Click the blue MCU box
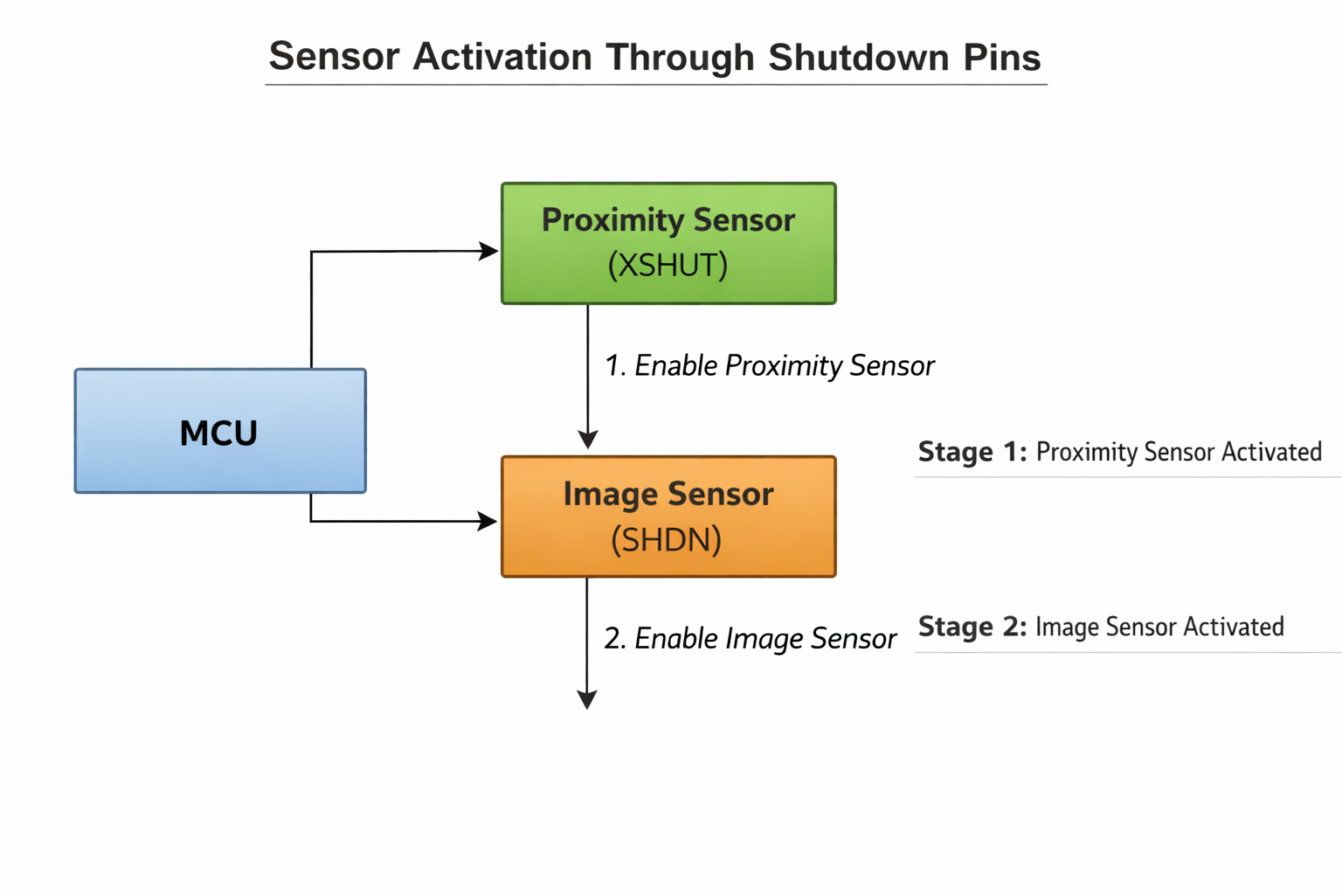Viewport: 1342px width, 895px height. click(x=220, y=431)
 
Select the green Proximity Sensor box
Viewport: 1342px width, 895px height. click(x=668, y=243)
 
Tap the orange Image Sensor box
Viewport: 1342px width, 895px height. click(x=668, y=517)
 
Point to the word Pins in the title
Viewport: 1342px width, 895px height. click(x=1002, y=58)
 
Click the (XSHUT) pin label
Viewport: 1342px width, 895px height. click(x=668, y=265)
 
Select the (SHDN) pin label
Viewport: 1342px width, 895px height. click(x=667, y=539)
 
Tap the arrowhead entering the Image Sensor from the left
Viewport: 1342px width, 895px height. click(x=488, y=522)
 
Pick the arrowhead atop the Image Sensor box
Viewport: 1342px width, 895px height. click(x=588, y=439)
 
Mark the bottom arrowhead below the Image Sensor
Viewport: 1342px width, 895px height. click(x=587, y=699)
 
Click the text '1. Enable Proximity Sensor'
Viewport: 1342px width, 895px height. click(x=769, y=365)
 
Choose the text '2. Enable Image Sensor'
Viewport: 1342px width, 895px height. click(x=750, y=638)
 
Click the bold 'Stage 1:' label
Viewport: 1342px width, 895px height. click(x=972, y=452)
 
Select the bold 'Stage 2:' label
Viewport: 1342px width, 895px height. click(x=972, y=627)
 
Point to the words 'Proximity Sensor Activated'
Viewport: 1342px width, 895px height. click(x=1179, y=452)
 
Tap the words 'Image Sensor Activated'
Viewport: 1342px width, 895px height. click(x=1159, y=627)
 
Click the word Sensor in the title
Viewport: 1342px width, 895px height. click(x=334, y=58)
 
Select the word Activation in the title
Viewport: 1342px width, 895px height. click(x=502, y=58)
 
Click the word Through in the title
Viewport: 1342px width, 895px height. click(x=680, y=58)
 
